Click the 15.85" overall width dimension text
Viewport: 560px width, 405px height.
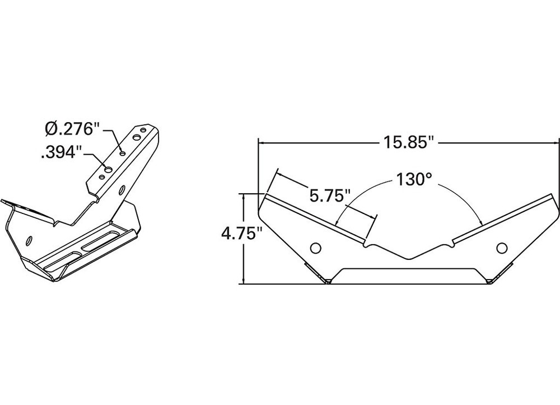[x=409, y=142]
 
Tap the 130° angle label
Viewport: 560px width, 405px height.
[x=414, y=180]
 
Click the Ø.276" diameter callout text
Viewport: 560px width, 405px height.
[x=72, y=129]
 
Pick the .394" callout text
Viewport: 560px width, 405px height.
[x=62, y=152]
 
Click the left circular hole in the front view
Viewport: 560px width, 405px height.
[x=316, y=247]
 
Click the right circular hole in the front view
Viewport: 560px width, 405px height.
[x=502, y=246]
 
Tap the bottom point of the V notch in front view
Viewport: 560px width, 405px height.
[x=409, y=258]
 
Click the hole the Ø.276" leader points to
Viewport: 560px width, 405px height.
[x=123, y=151]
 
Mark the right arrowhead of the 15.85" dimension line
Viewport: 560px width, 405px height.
[x=556, y=142]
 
